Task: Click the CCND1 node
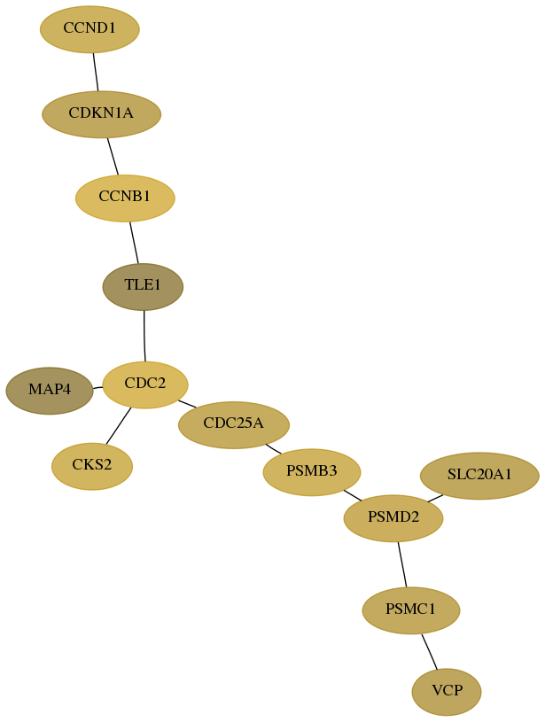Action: (90, 29)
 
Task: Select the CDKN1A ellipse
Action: (101, 114)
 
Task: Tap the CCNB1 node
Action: (125, 198)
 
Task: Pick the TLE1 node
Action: (143, 287)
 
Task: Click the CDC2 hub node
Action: (145, 385)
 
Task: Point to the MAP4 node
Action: (50, 391)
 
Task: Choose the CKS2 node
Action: (92, 467)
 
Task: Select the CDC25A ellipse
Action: (234, 425)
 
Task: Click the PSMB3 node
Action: (312, 472)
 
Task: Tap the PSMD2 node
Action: (393, 518)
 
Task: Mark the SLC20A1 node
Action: (479, 476)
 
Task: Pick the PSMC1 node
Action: (411, 610)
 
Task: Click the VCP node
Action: (447, 692)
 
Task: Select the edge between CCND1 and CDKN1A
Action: (96, 72)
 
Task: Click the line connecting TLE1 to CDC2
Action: (144, 336)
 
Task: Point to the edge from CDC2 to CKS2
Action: (119, 426)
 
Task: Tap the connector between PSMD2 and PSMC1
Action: (402, 564)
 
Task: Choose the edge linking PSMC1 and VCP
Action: (429, 651)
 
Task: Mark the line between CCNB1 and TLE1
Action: (134, 243)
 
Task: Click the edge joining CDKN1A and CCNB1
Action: (113, 156)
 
